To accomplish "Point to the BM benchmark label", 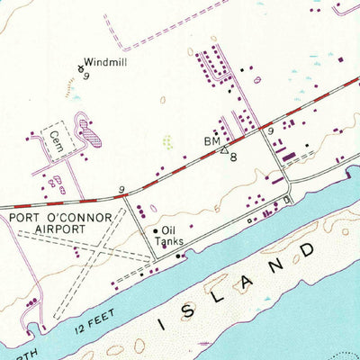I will point(210,141).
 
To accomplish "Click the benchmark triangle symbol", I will point(224,149).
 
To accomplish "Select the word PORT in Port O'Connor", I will point(28,216).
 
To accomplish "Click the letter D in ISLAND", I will point(310,245).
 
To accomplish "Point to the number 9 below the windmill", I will point(85,76).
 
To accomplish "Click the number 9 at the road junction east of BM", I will point(271,132).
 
